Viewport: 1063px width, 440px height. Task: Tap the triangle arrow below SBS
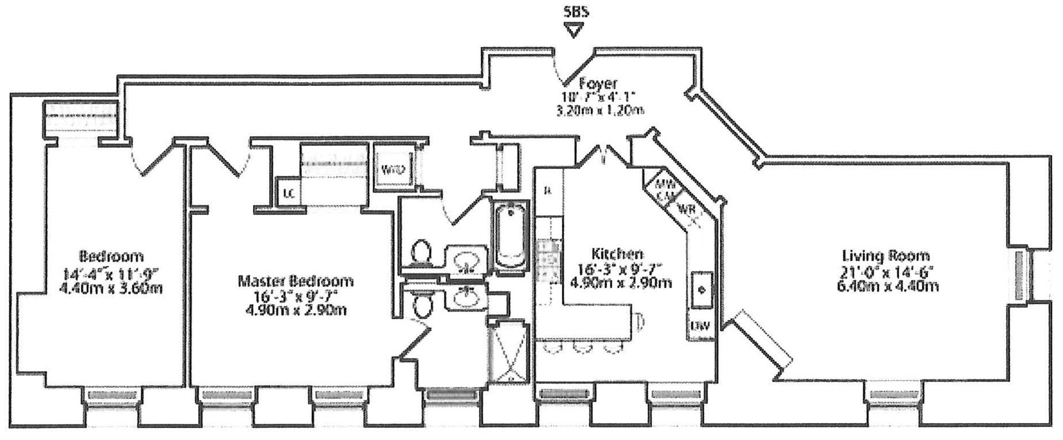tap(574, 30)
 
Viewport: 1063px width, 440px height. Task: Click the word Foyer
tap(597, 84)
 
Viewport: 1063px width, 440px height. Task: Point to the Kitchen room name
tap(617, 254)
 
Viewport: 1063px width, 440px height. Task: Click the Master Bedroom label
tap(295, 281)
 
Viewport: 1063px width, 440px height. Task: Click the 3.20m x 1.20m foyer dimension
tap(600, 110)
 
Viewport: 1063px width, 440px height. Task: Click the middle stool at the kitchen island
tap(582, 347)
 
